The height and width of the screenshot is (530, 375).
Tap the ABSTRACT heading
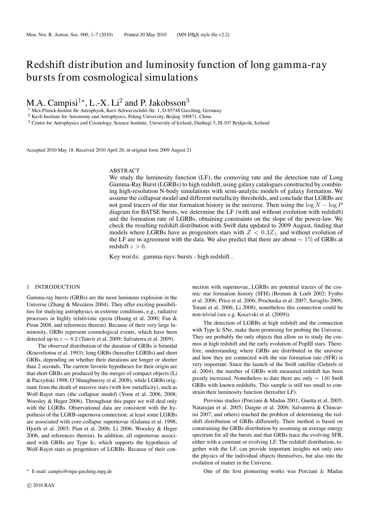coord(124,171)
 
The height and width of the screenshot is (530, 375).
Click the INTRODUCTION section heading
coord(57,287)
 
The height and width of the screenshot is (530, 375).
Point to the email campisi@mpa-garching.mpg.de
coord(80,471)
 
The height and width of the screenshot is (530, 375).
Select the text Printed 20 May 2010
coord(145,35)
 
